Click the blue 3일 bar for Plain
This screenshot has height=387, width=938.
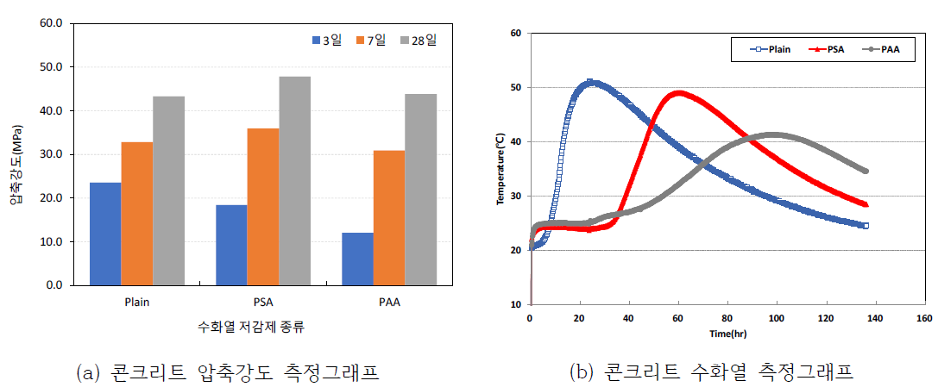point(105,234)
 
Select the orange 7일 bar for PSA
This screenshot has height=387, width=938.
point(262,207)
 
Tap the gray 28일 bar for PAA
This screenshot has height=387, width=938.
point(421,190)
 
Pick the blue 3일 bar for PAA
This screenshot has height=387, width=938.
point(358,259)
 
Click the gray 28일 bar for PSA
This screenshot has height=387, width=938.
point(294,181)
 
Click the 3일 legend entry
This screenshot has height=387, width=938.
point(325,40)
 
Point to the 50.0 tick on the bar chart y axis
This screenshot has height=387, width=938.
point(50,67)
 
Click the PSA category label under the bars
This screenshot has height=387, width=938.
point(262,303)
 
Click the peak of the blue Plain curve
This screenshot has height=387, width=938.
point(590,83)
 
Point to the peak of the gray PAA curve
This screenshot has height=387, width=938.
point(774,134)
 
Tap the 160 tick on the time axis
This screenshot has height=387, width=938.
point(922,319)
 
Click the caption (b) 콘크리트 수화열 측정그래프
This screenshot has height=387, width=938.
point(711,372)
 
